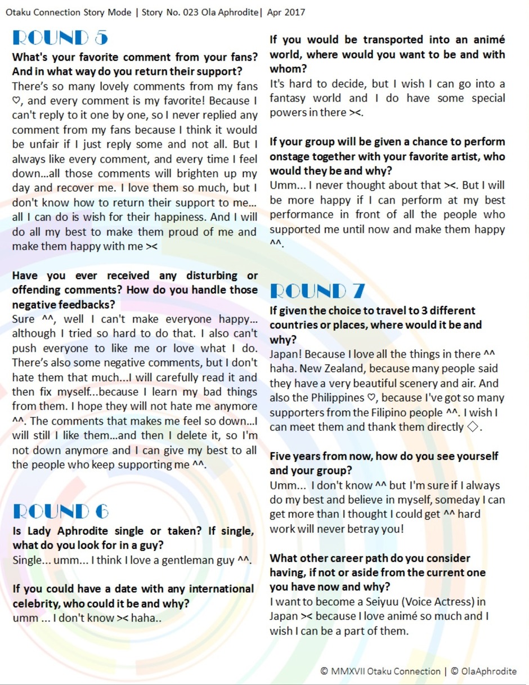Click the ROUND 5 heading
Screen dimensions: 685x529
pos(60,38)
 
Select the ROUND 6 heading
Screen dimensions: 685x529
pos(60,511)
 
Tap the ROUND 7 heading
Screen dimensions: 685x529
pos(317,291)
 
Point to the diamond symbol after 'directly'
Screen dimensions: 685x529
pos(474,427)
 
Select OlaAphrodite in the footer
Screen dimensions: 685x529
pos(488,671)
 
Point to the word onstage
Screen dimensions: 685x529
pos(290,156)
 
